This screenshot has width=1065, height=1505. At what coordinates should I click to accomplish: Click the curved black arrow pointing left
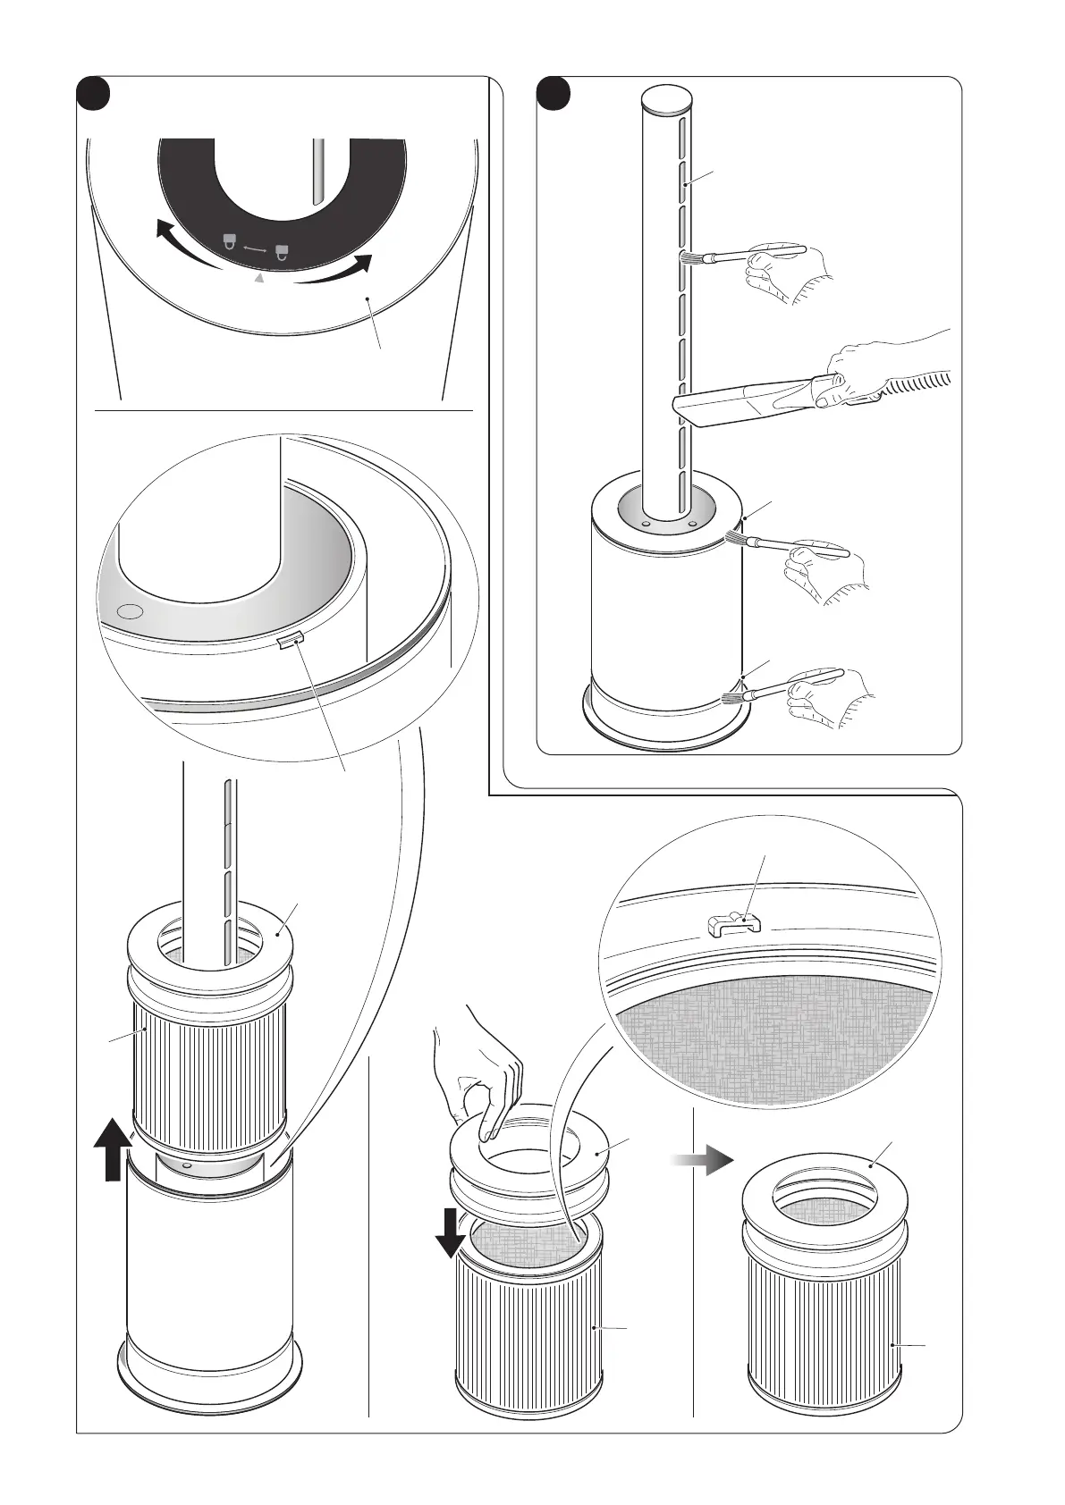point(184,244)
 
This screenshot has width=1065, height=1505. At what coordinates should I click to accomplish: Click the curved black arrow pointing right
point(339,270)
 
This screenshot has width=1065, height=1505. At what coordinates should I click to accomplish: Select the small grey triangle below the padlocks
point(260,279)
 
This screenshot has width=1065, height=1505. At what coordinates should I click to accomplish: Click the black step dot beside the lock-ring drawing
point(92,94)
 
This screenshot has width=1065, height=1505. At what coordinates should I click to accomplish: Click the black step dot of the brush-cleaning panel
point(557,94)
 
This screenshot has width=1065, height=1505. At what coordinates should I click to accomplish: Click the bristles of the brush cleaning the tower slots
point(690,259)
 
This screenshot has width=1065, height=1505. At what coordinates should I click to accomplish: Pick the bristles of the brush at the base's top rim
point(735,538)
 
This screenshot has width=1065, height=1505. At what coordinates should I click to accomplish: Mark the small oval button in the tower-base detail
point(130,611)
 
